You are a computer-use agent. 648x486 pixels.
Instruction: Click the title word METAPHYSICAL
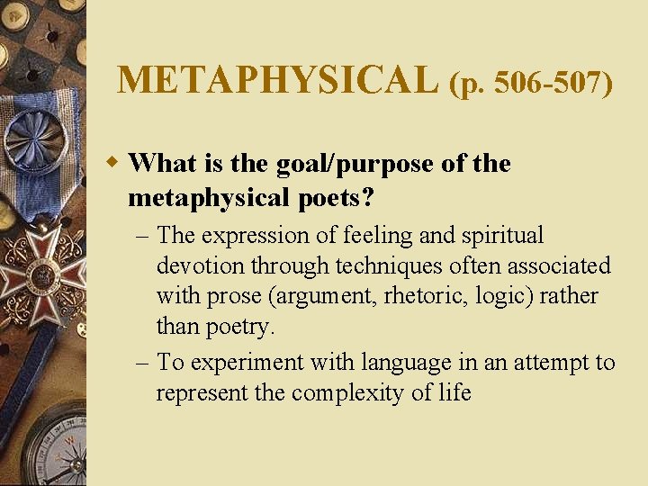pyautogui.click(x=276, y=79)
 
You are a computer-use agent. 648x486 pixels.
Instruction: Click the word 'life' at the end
pyautogui.click(x=455, y=393)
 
